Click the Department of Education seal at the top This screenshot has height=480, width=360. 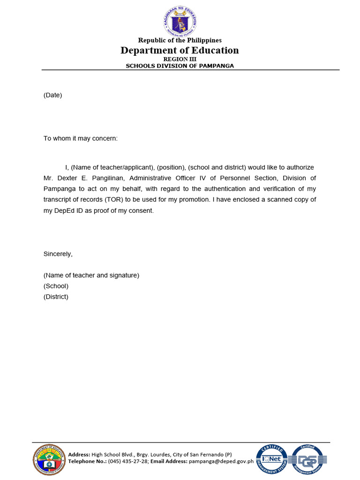(180, 20)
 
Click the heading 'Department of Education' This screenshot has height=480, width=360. (180, 51)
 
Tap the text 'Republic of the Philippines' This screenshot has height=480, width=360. (180, 40)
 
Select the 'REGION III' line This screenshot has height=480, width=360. (180, 59)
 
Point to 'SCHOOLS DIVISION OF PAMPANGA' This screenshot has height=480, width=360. (180, 66)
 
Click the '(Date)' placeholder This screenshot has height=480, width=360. (52, 95)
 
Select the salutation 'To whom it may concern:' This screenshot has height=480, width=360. (81, 138)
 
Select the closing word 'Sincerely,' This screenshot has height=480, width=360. (58, 254)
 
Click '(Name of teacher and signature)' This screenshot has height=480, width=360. (91, 275)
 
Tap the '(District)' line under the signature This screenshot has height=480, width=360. (56, 297)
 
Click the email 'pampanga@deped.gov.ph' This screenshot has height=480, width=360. (221, 461)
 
